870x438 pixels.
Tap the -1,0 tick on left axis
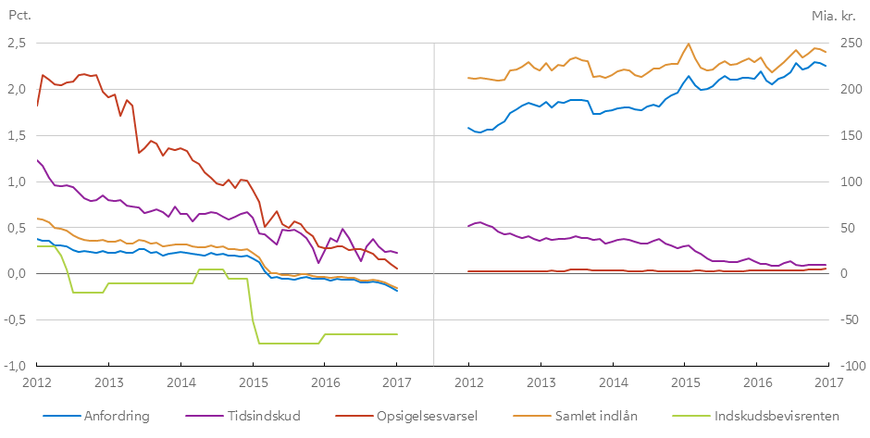coord(17,366)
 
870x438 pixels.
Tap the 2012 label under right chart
coord(469,382)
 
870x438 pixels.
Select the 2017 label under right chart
coord(829,382)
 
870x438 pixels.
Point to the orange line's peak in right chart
coord(688,44)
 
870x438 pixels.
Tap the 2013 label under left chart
coord(108,382)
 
